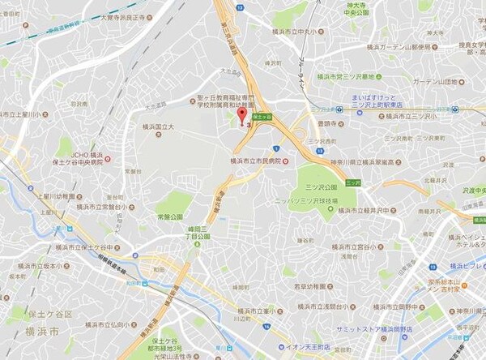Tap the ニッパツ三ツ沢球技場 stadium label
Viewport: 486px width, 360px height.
302,199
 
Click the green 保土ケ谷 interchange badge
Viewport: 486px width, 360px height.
264,116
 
